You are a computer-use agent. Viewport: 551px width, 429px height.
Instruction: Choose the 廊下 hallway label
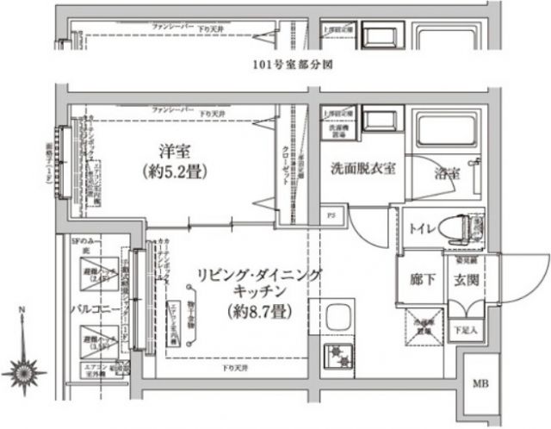point(419,278)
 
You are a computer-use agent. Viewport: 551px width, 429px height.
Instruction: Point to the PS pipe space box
point(331,214)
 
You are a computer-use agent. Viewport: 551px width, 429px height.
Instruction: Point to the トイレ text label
point(422,229)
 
